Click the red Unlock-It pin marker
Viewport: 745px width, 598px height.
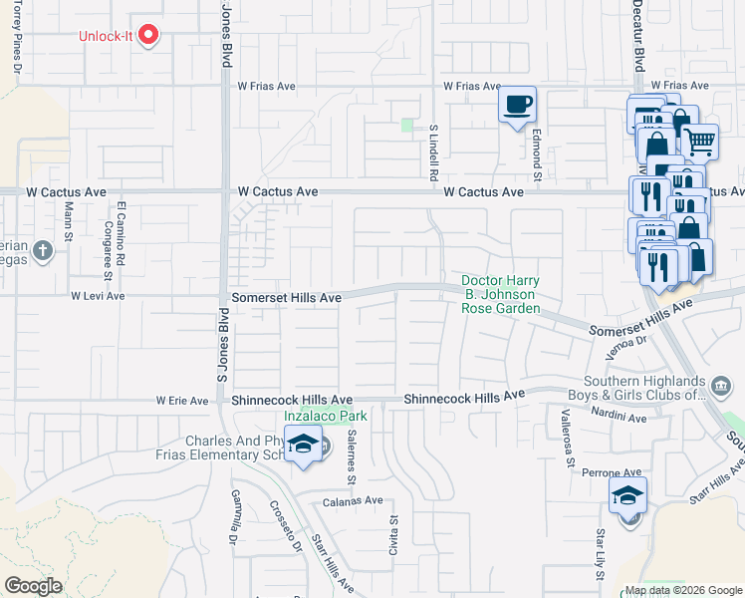click(149, 37)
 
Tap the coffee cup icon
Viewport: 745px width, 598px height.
click(517, 105)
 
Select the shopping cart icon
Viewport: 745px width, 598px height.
click(699, 144)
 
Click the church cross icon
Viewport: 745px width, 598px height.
click(42, 251)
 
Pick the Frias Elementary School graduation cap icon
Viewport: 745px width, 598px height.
click(303, 446)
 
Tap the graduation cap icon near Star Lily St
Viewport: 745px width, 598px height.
click(628, 495)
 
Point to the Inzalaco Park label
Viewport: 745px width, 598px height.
click(326, 417)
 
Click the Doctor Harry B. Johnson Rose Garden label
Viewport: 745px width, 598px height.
click(500, 294)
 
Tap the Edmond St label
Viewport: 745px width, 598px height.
click(536, 158)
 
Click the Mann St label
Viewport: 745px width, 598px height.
click(69, 221)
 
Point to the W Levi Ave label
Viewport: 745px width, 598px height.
click(98, 296)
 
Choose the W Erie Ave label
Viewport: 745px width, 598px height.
click(181, 401)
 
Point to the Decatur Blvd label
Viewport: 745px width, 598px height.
click(638, 35)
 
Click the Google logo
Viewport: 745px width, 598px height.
click(34, 586)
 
